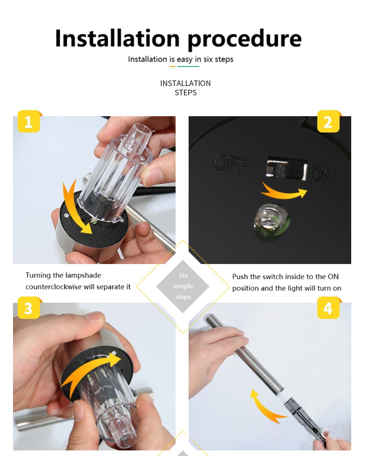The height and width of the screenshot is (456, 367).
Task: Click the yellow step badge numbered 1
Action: [28, 121]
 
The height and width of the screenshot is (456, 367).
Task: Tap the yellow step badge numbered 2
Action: [328, 121]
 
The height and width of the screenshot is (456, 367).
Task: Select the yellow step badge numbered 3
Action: [28, 308]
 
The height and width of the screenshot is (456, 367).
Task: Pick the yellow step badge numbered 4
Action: [328, 308]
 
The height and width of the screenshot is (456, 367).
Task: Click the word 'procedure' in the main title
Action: [244, 39]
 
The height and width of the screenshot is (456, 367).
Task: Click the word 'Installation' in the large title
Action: [118, 38]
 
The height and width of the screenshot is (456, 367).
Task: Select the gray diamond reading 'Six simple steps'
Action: [183, 286]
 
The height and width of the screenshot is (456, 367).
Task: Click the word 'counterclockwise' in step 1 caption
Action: [53, 287]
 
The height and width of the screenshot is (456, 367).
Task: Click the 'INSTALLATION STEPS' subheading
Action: [185, 88]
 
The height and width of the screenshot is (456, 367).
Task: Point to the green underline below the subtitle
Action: [188, 66]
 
